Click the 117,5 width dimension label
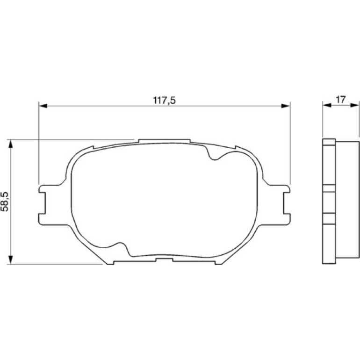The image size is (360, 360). point(165,101)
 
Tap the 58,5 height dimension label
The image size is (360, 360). point(5,202)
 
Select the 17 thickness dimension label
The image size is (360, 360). point(340,100)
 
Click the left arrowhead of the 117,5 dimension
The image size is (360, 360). point(43,106)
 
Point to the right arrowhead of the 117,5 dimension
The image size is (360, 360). point(286,106)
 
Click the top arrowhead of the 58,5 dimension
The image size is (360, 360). point(10,144)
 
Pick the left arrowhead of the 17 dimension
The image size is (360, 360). point(327,105)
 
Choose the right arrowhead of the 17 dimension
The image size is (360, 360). point(354,105)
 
